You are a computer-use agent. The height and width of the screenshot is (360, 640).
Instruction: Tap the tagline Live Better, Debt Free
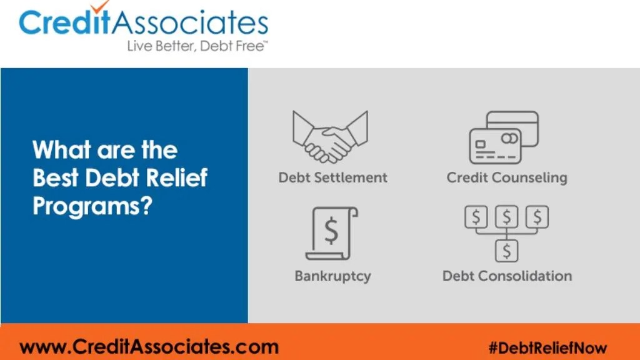(196, 46)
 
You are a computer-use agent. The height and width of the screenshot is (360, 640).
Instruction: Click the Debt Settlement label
(332, 177)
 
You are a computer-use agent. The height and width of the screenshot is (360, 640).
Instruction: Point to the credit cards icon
(504, 137)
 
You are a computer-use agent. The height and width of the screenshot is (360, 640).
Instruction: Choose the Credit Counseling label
(507, 177)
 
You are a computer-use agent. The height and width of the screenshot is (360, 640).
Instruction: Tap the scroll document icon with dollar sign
(331, 233)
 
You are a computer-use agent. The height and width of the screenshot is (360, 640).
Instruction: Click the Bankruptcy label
(332, 276)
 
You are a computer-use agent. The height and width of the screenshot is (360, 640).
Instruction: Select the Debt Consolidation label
(507, 276)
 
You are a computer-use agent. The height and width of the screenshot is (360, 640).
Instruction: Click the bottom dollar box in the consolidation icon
(507, 251)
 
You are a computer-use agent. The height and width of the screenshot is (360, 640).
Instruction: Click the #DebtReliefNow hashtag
(547, 347)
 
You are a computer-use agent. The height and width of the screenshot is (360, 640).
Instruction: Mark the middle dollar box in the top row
(507, 217)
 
